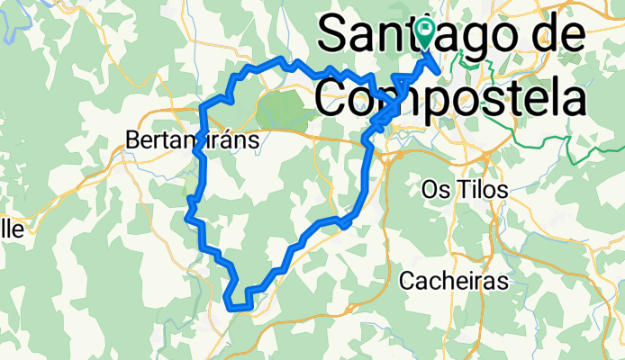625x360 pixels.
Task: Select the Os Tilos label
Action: coord(465,190)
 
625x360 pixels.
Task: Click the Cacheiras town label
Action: coord(453,281)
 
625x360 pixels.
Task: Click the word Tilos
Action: coord(484,190)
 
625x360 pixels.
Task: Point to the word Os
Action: coord(434,190)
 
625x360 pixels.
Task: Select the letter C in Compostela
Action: coord(337,92)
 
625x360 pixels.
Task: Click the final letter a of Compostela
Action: coord(577,92)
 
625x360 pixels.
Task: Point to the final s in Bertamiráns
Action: coord(254,140)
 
